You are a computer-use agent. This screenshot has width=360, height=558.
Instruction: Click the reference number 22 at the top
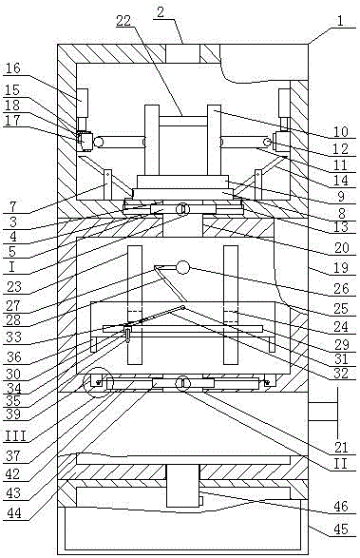click(123, 21)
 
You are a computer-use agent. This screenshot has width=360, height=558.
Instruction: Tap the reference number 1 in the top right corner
click(340, 21)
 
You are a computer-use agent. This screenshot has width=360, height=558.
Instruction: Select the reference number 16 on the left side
click(13, 67)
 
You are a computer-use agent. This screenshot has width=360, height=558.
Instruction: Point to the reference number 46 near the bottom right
click(341, 506)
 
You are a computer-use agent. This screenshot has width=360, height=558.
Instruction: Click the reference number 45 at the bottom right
click(341, 529)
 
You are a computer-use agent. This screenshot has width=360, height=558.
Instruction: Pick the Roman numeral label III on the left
click(15, 435)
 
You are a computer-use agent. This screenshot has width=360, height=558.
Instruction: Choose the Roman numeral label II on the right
click(341, 464)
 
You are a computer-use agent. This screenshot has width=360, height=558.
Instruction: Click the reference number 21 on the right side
click(341, 447)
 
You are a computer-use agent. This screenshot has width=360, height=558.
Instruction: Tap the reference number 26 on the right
click(341, 288)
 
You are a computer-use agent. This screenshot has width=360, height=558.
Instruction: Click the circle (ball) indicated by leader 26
click(182, 267)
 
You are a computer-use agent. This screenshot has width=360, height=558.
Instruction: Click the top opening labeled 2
click(182, 54)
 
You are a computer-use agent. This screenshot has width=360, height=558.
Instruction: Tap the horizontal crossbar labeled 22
click(182, 121)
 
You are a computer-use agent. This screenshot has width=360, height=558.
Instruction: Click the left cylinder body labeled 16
click(83, 104)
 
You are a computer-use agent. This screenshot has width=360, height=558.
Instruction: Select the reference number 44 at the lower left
click(14, 512)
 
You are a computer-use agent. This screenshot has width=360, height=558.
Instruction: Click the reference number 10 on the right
click(341, 131)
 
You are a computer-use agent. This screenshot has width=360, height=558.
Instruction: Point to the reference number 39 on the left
click(14, 414)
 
